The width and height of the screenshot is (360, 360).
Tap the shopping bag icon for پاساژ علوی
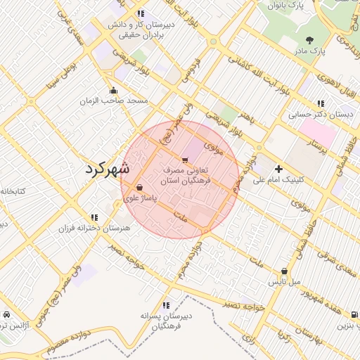[x=140, y=188]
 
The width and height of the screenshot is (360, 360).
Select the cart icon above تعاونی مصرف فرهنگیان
[x=185, y=160]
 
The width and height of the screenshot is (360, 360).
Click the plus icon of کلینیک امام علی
[x=279, y=169]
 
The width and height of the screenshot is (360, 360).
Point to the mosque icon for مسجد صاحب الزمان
[x=114, y=90]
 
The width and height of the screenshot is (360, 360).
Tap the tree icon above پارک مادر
[x=310, y=39]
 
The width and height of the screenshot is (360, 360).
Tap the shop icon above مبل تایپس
[x=284, y=271]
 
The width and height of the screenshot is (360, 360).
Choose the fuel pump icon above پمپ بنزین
[x=354, y=314]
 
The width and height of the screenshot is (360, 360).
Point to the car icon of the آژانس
[x=6, y=314]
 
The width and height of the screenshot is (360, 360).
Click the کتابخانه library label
[x=12, y=191]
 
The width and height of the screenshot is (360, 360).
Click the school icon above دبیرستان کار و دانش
[x=141, y=13]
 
